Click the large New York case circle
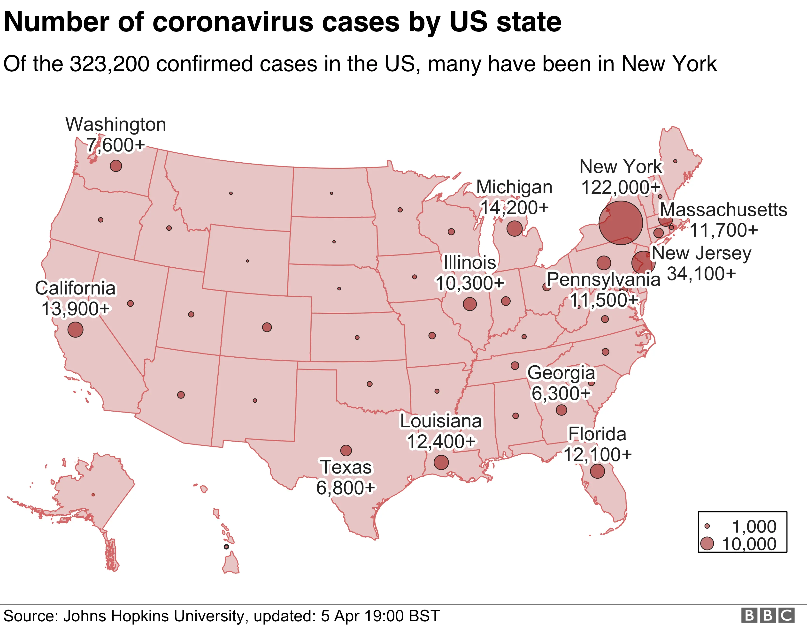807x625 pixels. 621,223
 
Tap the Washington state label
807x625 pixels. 116,124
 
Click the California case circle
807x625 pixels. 75,329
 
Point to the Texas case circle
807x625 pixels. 346,450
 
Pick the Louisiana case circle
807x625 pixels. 441,462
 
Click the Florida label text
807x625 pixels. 597,434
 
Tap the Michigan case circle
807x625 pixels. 514,228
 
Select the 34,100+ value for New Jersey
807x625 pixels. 701,274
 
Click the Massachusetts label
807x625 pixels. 723,210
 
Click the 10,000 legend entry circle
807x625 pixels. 707,544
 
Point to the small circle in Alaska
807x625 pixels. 93,495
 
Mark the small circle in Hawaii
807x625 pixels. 226,547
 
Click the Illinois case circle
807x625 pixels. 470,304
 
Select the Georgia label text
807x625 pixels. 561,373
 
